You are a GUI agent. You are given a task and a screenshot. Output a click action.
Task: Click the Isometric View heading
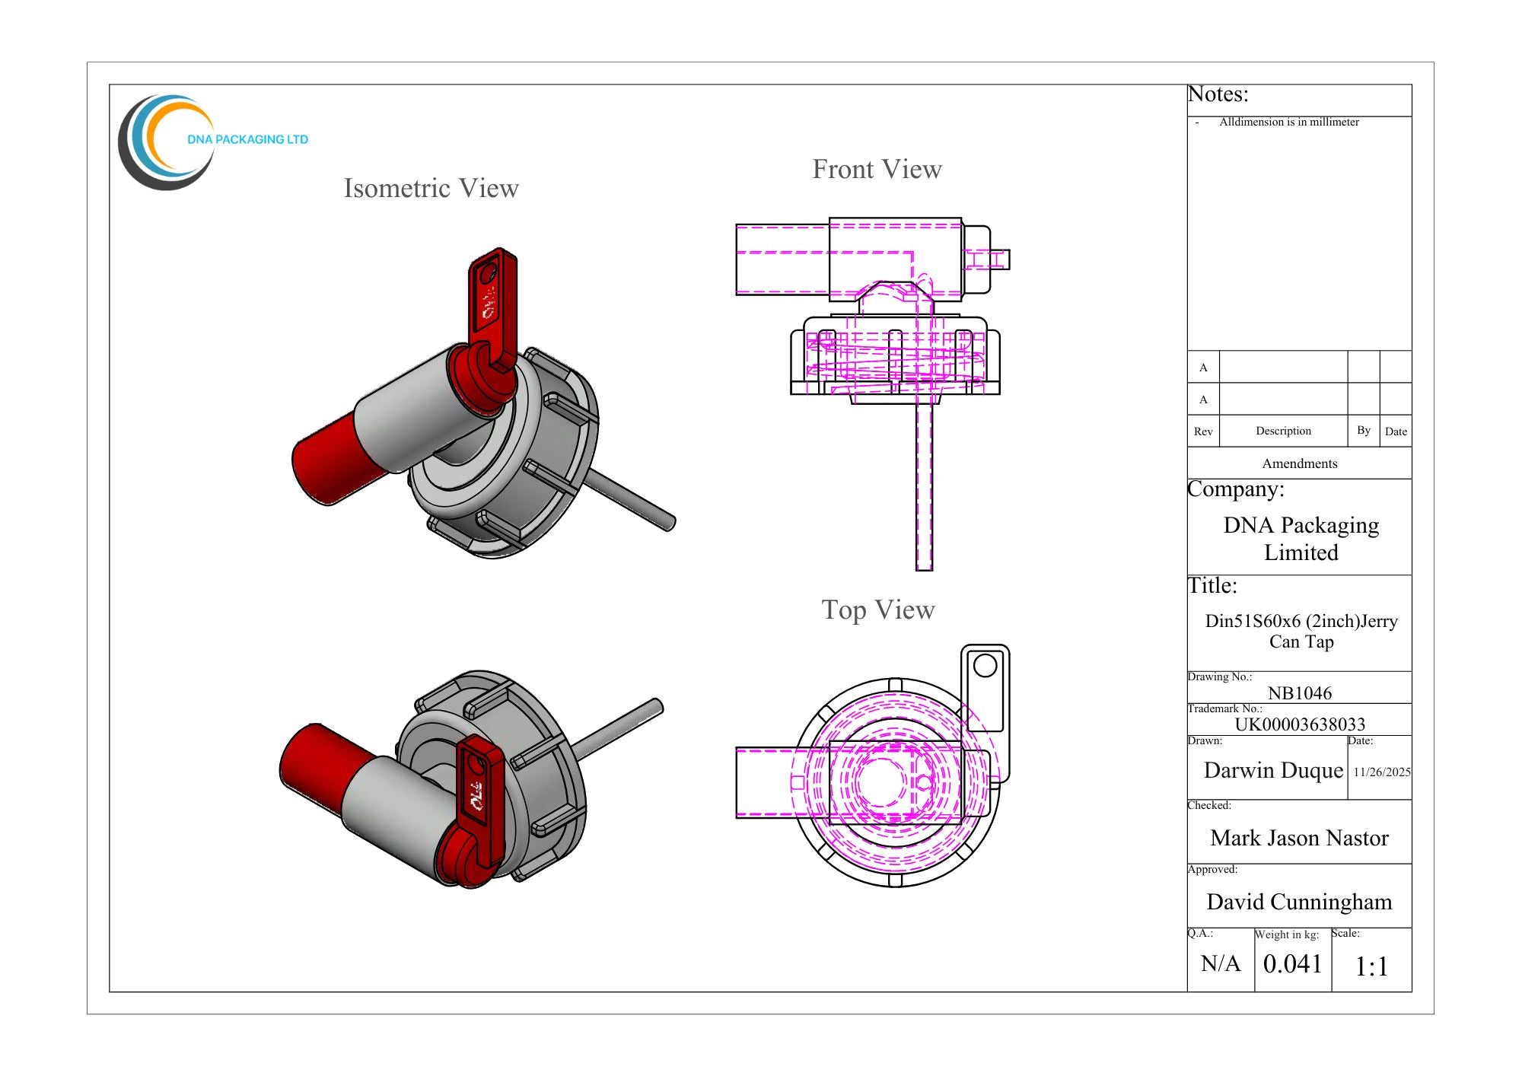coord(431,188)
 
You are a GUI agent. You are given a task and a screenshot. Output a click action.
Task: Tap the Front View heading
coord(877,169)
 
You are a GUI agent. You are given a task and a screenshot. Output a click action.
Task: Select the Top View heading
coord(878,610)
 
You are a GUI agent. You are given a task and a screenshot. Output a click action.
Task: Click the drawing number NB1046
coord(1300,692)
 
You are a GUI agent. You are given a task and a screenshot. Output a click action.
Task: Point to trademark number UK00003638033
coord(1300,724)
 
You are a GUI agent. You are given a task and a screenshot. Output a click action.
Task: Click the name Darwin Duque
coord(1273,770)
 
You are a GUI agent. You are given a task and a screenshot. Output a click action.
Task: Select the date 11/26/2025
coord(1382,772)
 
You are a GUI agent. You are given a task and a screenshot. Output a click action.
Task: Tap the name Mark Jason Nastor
coord(1299,838)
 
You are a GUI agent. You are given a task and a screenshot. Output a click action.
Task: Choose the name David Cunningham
coord(1299,902)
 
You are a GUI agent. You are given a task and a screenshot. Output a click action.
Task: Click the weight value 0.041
coord(1292,963)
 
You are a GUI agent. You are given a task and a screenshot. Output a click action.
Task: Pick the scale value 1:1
coord(1371,966)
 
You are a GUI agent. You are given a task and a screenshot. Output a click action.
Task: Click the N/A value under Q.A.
coord(1221,963)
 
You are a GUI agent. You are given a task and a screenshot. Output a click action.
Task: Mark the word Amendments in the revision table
coord(1299,463)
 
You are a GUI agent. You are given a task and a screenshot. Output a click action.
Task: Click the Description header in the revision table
coord(1283,431)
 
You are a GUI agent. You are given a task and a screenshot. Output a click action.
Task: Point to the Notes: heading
coord(1218,94)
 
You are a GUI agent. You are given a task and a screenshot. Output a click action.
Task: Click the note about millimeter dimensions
coord(1288,122)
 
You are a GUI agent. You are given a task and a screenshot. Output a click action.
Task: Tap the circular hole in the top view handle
coord(985,666)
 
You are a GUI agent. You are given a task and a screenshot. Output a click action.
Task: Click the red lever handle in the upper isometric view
coord(492,308)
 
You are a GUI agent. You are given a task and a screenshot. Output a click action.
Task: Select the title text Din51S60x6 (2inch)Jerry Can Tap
coord(1301,631)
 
